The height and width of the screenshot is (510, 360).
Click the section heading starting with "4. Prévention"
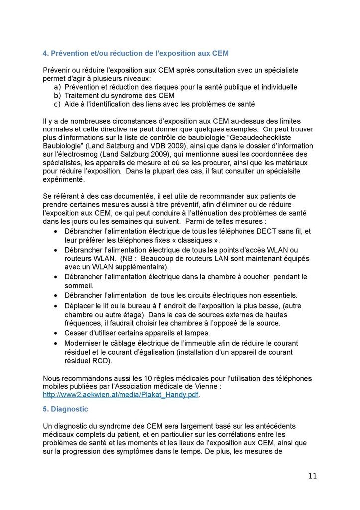click(136, 53)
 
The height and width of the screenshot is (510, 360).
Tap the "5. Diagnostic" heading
click(66, 409)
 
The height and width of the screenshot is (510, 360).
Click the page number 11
click(312, 475)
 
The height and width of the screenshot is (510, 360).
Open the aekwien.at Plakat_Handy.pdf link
click(120, 394)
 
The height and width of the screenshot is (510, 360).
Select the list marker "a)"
click(57, 87)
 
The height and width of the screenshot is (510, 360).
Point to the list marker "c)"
click(57, 104)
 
